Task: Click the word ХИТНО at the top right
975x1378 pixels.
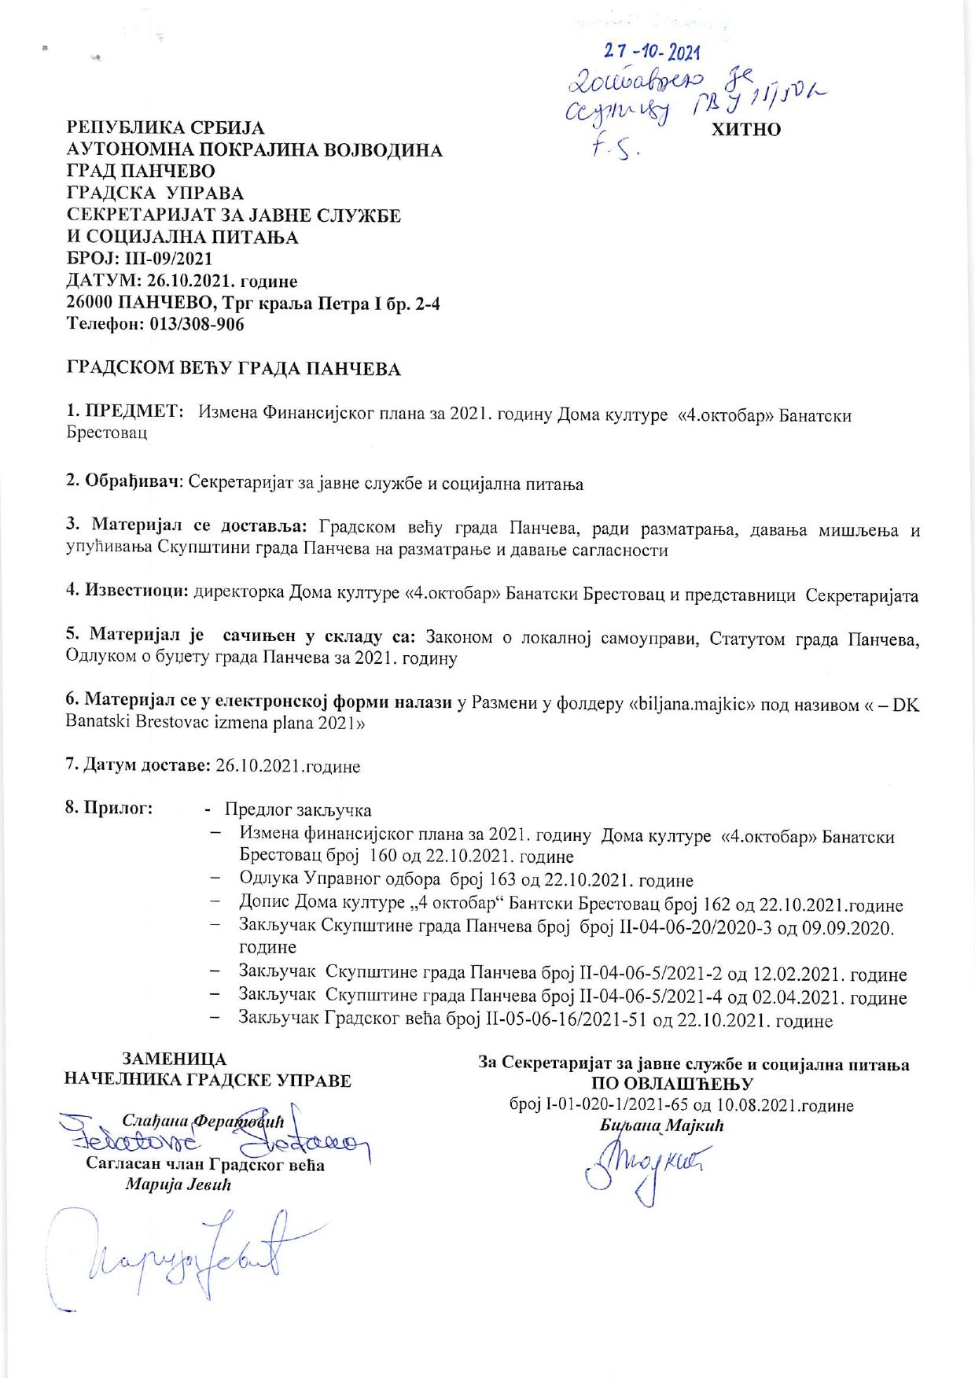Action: [745, 130]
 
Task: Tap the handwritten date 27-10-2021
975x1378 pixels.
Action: [652, 51]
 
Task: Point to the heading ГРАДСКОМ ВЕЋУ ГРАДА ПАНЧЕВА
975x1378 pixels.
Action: [234, 369]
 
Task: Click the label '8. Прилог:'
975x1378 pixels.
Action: [109, 809]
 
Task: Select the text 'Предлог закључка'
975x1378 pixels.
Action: [298, 809]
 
